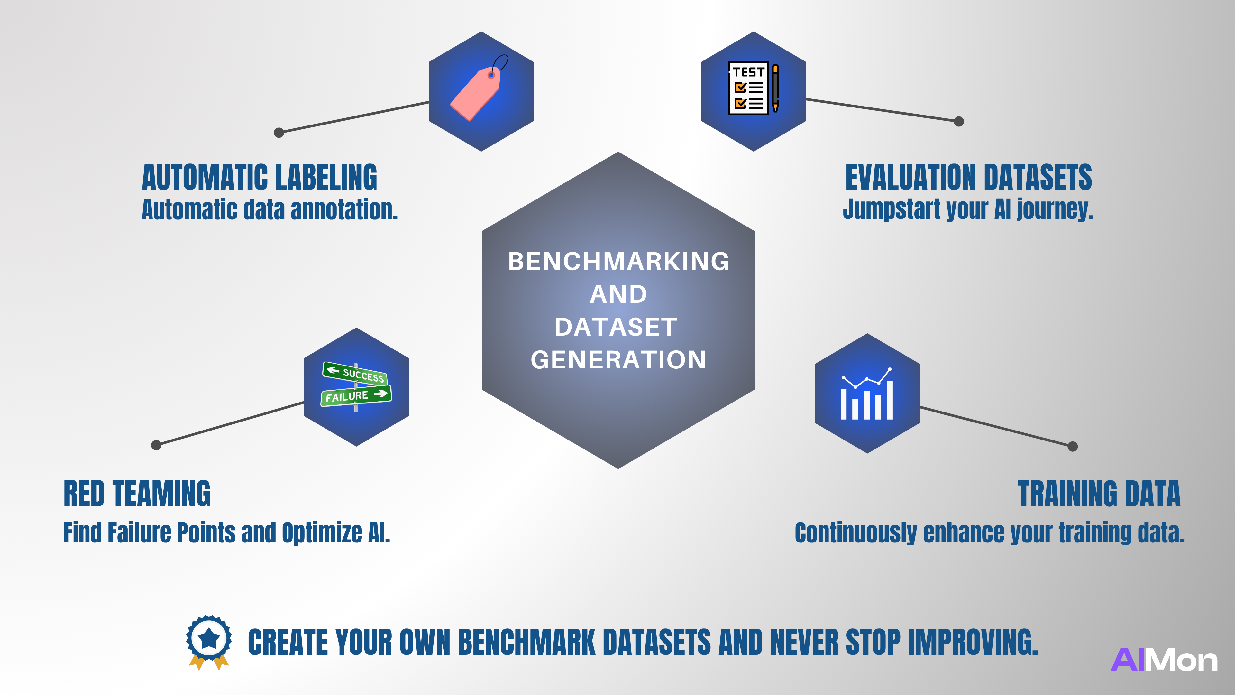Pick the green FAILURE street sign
click(x=356, y=396)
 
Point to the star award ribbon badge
click(x=209, y=640)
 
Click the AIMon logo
click(x=1164, y=661)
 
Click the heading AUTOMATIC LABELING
click(x=259, y=178)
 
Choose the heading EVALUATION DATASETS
click(x=968, y=178)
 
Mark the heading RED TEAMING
click(x=137, y=494)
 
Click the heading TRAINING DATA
click(x=1099, y=494)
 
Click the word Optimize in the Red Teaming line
click(x=322, y=533)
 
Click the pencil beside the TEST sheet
click(x=775, y=88)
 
